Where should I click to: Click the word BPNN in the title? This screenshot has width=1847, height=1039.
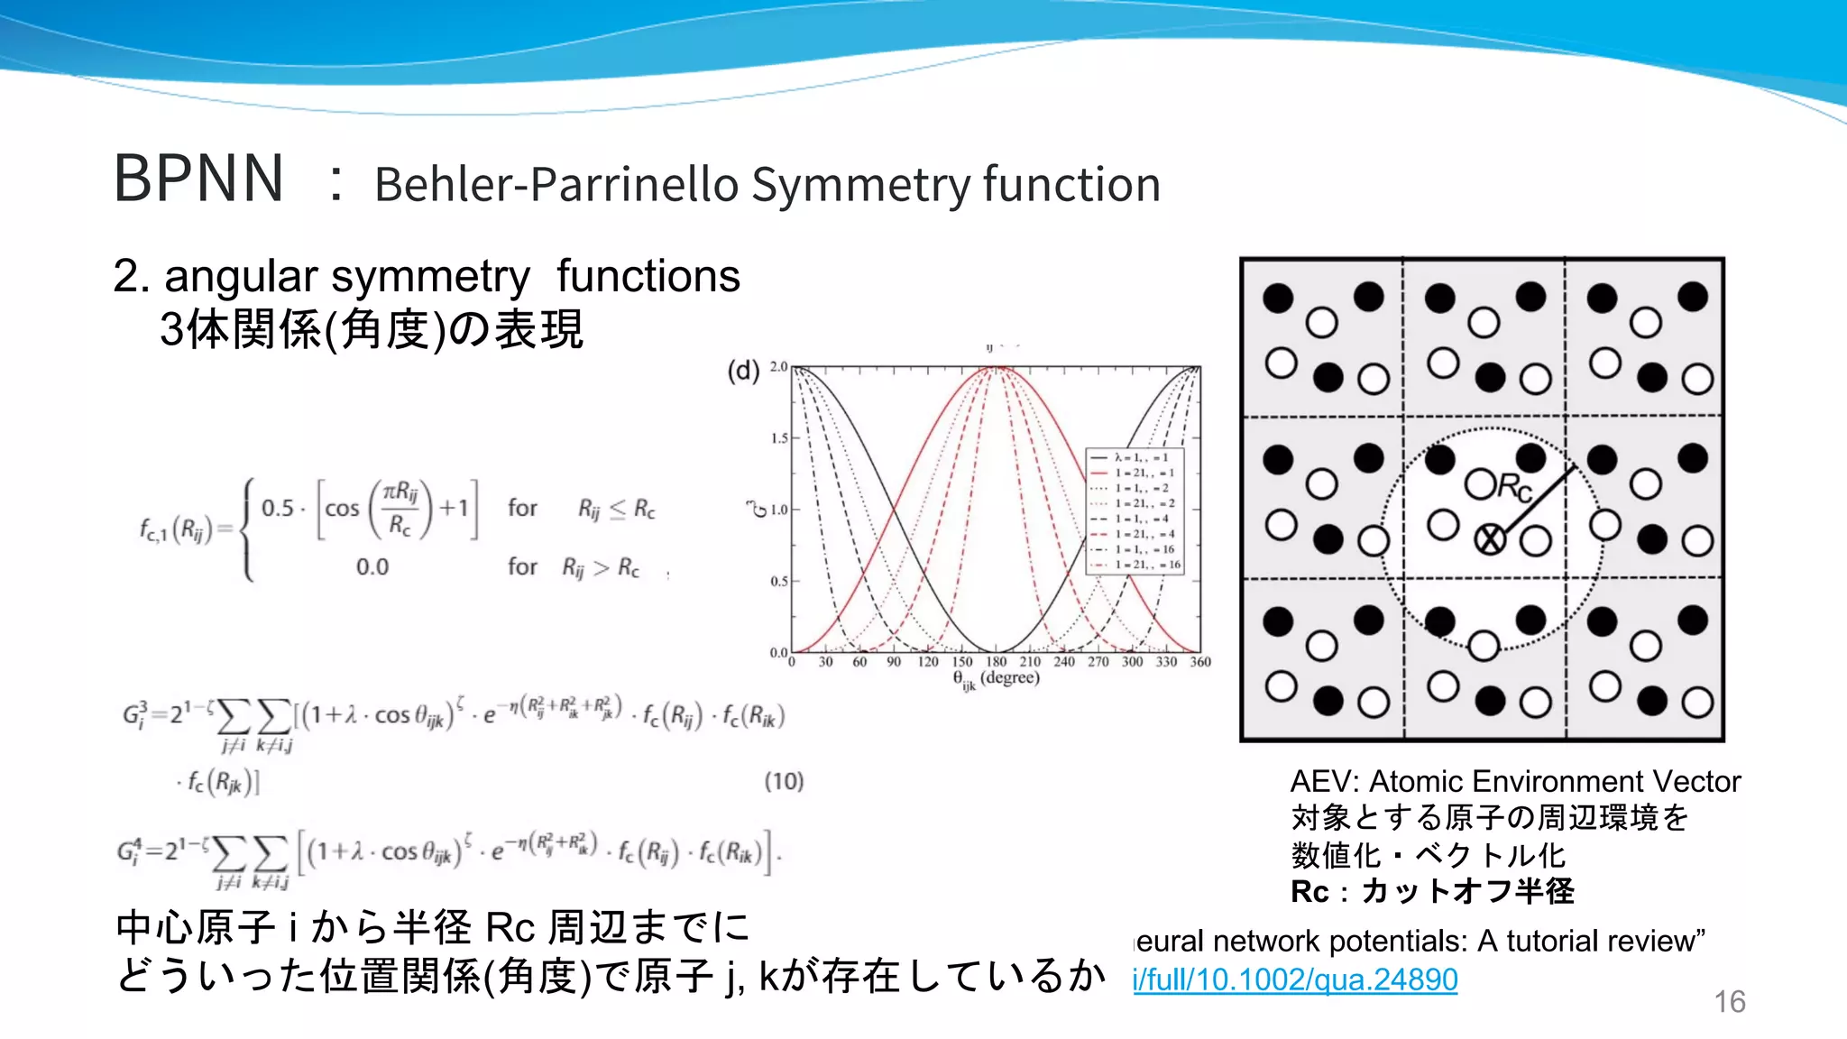point(198,179)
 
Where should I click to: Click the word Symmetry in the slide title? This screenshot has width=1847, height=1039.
point(859,186)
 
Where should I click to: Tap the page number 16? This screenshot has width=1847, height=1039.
point(1729,1002)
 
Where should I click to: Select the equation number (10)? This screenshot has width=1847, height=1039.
point(784,781)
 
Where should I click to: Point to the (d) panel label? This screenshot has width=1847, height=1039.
point(743,371)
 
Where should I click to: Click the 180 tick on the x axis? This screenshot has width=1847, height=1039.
point(997,662)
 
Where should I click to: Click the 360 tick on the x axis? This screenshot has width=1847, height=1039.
point(1200,662)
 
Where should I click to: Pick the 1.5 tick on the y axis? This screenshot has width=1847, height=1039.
point(779,438)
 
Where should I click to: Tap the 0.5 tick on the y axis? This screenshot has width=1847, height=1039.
point(779,582)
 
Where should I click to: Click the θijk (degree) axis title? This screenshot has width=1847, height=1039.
point(996,679)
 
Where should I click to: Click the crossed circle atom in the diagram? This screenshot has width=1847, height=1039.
point(1490,540)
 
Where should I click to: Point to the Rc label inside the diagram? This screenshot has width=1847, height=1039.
point(1515,488)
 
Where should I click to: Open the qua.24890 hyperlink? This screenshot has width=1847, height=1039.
point(1295,979)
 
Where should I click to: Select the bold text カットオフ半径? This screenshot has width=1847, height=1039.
point(1467,891)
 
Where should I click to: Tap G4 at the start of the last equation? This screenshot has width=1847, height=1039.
point(131,851)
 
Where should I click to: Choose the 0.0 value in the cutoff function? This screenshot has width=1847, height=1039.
point(372,567)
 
